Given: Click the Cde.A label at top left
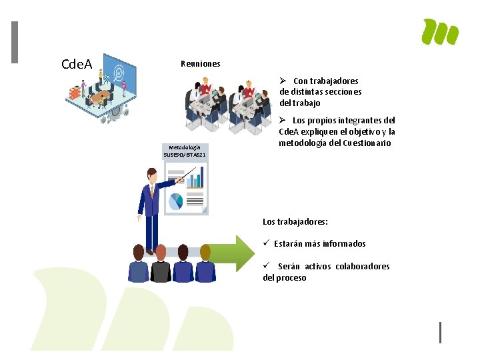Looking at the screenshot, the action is point(76,65).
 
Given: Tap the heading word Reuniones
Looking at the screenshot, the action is point(200,64).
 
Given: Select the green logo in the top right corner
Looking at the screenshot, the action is point(440,31).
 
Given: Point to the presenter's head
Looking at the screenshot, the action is point(152,175).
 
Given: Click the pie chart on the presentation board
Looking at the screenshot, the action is point(175,200).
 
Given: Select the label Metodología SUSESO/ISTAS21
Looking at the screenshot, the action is point(185,151).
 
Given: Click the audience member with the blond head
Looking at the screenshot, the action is point(205,251).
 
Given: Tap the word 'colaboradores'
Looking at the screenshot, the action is point(363,267).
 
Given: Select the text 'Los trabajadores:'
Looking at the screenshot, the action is point(295,221).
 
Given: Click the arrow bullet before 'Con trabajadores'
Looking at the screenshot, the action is point(284,81).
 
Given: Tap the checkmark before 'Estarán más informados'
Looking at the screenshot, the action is point(265,244).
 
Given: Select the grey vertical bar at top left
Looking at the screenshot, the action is point(15,43).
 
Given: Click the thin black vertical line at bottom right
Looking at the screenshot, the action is point(440,332).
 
